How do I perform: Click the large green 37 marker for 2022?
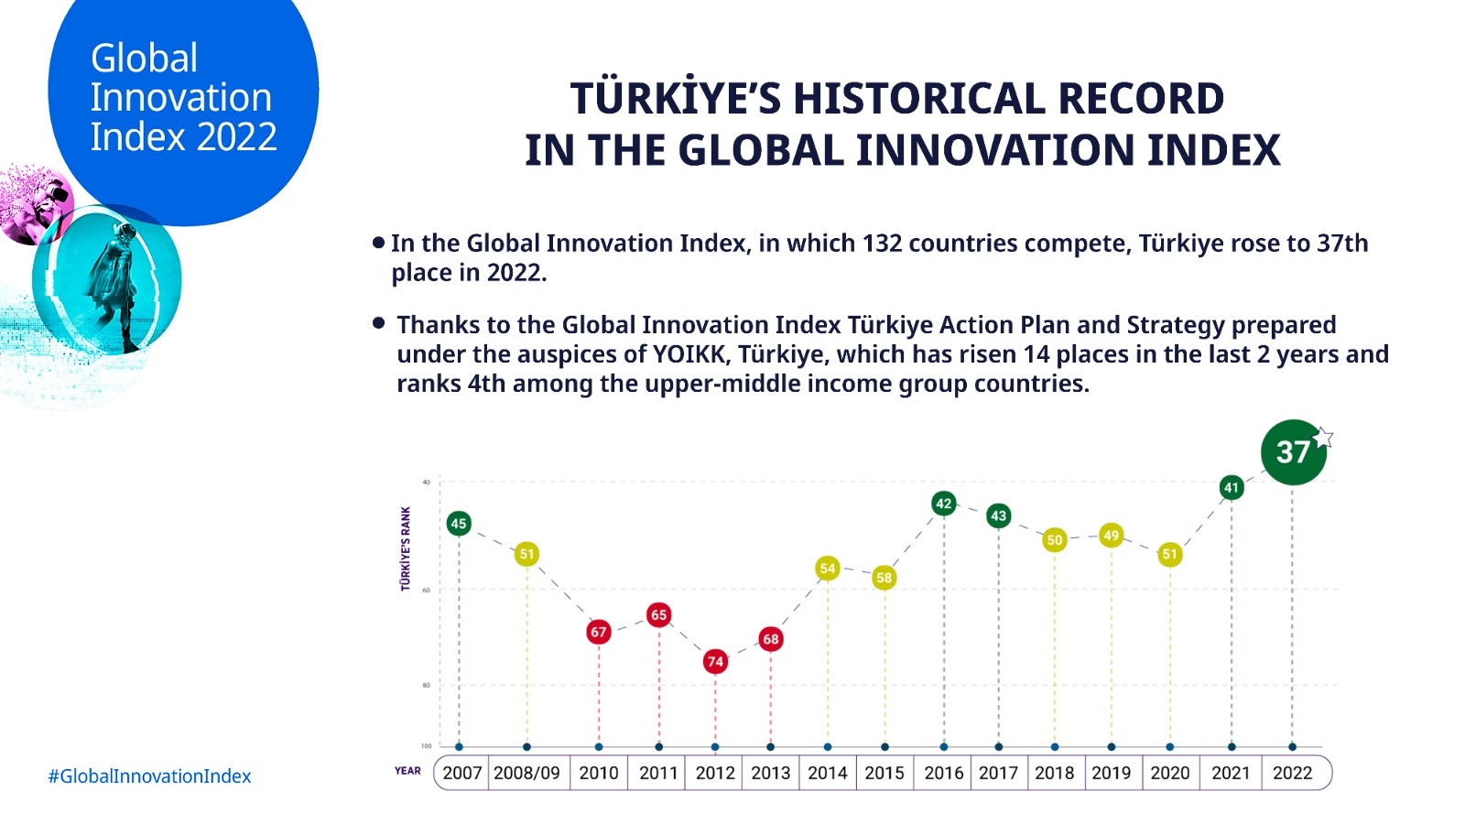[1292, 452]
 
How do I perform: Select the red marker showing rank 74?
[715, 661]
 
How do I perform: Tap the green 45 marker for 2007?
[459, 524]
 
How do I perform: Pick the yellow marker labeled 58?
[884, 578]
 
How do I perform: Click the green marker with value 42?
[944, 504]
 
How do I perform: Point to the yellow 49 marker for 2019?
[1111, 536]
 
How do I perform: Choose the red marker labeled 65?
[658, 615]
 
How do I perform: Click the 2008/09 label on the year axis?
[526, 773]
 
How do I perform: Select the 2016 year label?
[944, 773]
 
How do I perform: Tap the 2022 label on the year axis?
[1292, 773]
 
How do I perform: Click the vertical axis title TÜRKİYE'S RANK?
[406, 548]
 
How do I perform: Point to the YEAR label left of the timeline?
[407, 771]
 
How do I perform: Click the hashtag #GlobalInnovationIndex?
[149, 776]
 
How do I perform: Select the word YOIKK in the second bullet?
[689, 354]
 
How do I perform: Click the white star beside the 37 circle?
[1323, 438]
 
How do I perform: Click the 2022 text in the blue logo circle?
[236, 137]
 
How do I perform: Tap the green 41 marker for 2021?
[1232, 488]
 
